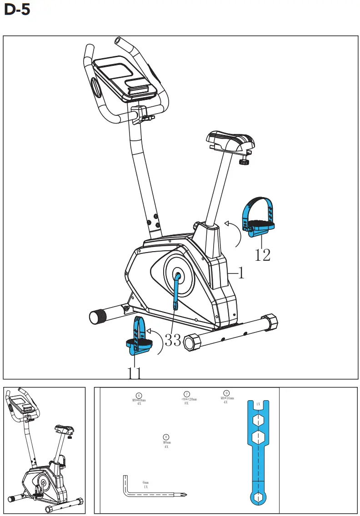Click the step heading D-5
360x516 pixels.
[x=17, y=10]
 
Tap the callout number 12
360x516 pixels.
[x=262, y=255]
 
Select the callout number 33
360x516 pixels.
[x=173, y=340]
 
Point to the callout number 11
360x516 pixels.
[x=134, y=373]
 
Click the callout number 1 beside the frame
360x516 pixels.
[x=241, y=273]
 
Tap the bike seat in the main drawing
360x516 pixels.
[x=230, y=142]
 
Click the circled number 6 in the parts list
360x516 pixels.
[x=139, y=395]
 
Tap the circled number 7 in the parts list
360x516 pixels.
[x=186, y=394]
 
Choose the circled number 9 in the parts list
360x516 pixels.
[x=226, y=392]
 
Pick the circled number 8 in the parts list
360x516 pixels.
[x=166, y=437]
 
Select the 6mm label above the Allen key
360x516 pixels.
[x=145, y=483]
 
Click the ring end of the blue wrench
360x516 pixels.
[x=257, y=496]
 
